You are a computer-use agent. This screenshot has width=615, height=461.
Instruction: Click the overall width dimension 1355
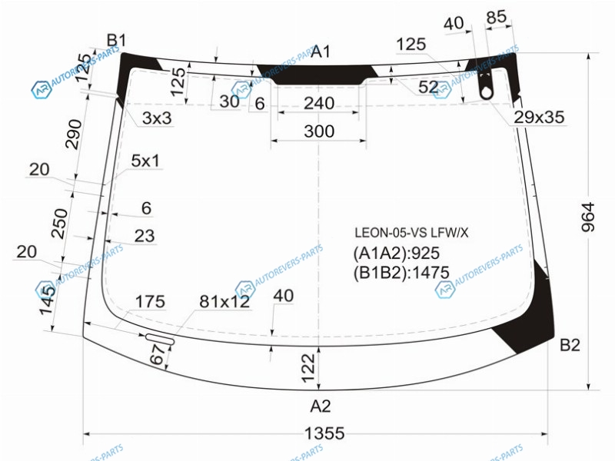(x=324, y=433)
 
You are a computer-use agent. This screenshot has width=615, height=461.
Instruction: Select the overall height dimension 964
(x=588, y=217)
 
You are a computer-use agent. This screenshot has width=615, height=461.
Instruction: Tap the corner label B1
(x=117, y=41)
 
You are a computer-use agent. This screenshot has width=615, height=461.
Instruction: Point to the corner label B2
(x=570, y=345)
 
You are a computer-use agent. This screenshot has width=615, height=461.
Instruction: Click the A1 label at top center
(x=321, y=51)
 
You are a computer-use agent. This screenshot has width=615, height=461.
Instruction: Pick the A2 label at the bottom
(x=321, y=406)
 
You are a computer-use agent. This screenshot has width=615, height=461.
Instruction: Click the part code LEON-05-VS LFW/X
(x=411, y=233)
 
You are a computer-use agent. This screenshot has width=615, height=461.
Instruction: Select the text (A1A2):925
(x=396, y=254)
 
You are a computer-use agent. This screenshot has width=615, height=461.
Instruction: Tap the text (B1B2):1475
(x=401, y=273)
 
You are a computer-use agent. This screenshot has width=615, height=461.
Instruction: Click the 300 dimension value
(x=319, y=131)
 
